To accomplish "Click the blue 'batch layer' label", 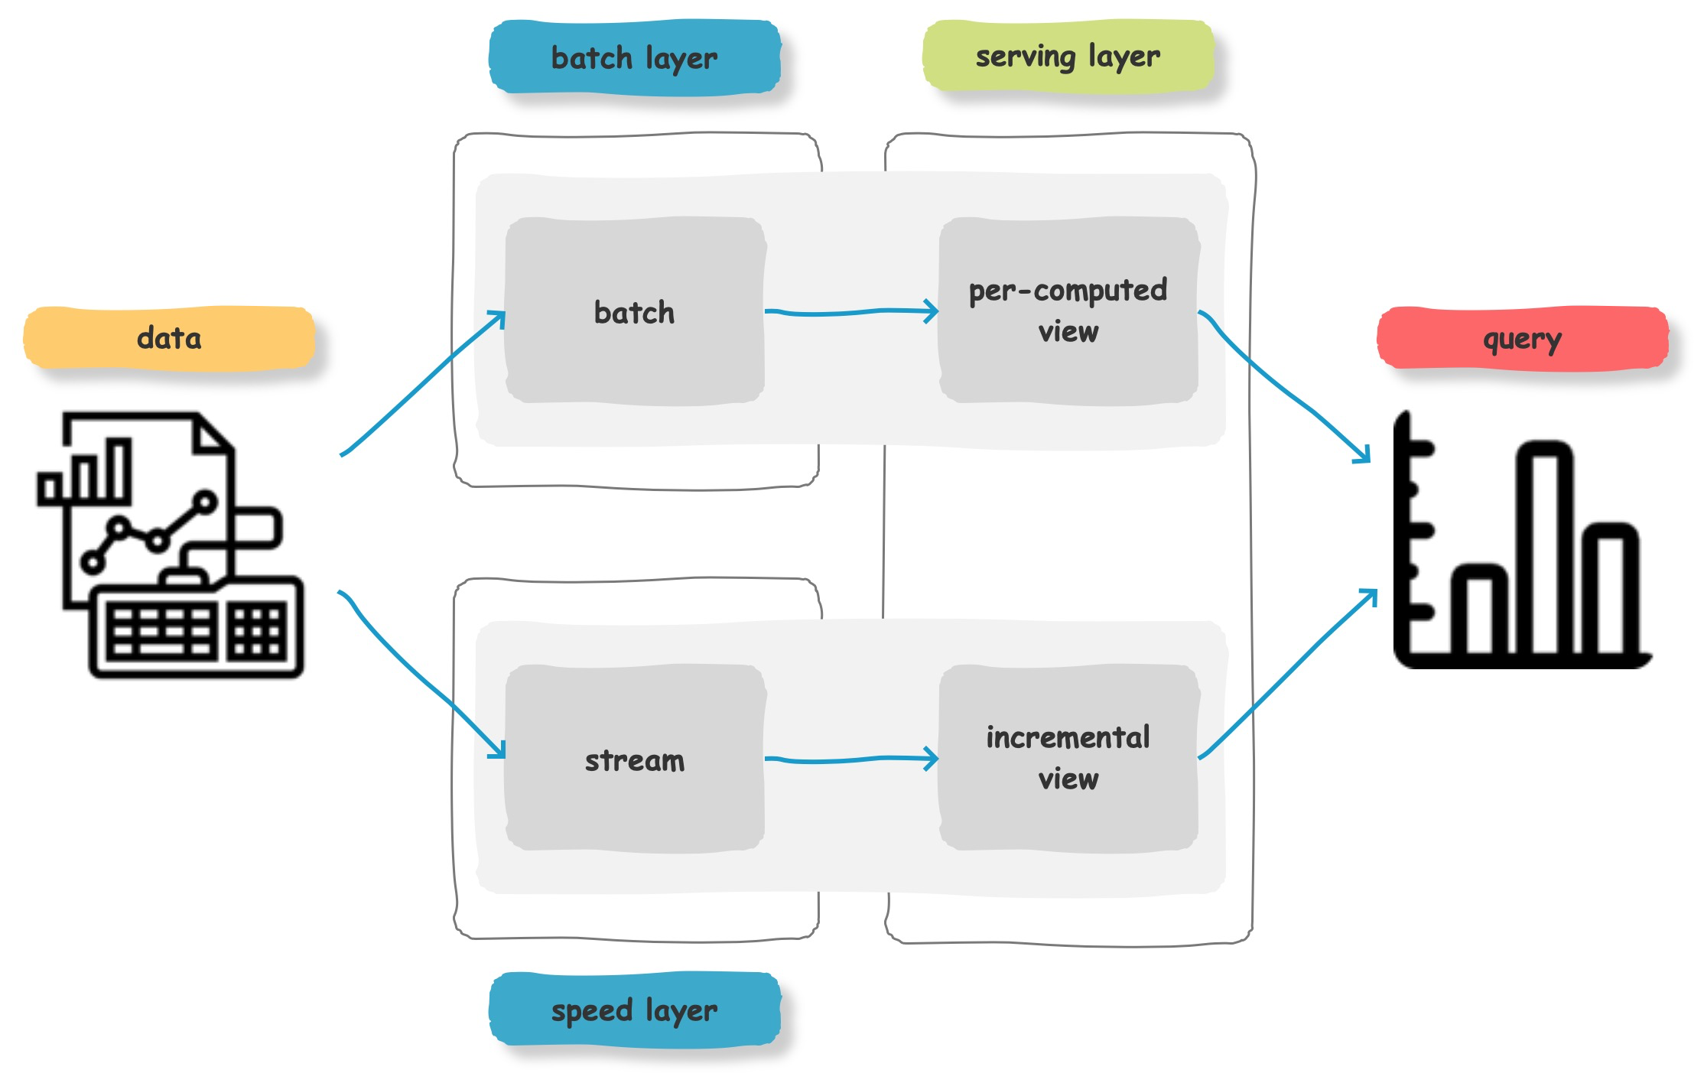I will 635,58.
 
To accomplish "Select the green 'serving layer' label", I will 1068,57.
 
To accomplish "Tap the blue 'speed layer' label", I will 635,1010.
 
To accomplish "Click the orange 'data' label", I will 169,338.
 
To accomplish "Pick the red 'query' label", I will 1522,339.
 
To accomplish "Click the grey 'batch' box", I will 635,311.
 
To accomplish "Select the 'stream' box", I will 635,759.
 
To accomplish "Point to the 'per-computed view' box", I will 1068,311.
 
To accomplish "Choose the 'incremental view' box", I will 1068,757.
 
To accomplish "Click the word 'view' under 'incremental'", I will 1068,779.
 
